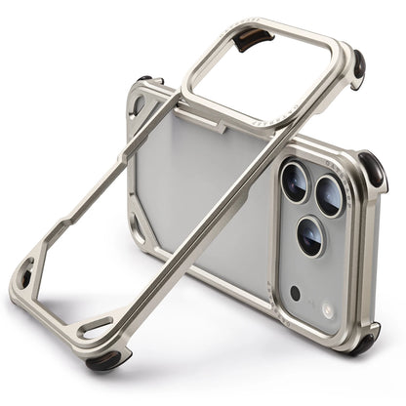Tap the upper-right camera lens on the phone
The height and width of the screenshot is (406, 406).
click(x=329, y=197)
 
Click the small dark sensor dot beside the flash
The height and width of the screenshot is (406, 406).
click(x=295, y=292)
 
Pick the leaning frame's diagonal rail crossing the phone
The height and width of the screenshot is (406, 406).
click(x=195, y=224)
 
